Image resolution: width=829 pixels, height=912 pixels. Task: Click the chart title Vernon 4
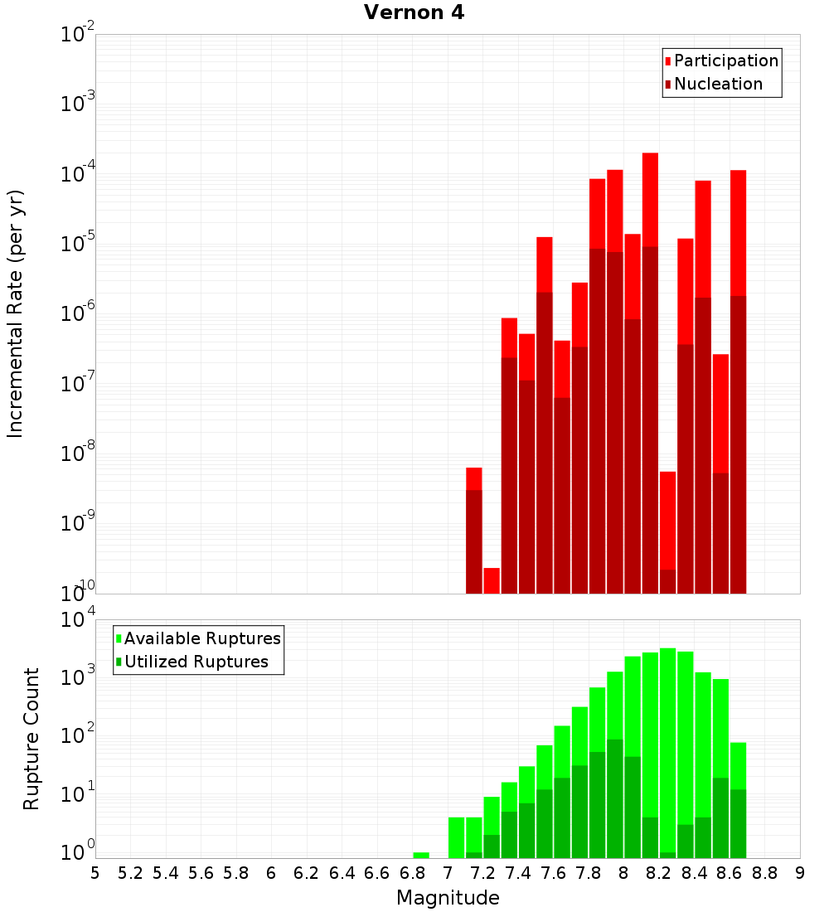coord(414,13)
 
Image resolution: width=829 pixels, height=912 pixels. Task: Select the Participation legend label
coord(726,61)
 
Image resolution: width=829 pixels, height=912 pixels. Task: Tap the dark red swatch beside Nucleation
coord(668,85)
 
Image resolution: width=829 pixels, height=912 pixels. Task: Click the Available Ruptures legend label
coord(202,638)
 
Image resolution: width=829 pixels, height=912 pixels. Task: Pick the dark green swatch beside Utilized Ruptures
coord(119,662)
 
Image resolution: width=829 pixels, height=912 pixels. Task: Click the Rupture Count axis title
coord(32,738)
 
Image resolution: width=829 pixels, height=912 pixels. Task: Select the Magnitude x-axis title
coord(448,898)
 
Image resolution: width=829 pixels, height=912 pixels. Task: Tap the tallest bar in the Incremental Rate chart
coord(650,373)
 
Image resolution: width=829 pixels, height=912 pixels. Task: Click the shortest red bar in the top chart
coord(492,580)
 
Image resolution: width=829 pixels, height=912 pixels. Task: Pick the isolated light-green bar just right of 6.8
coord(421,855)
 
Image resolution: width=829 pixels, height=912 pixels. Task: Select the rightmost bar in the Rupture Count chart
coord(738,800)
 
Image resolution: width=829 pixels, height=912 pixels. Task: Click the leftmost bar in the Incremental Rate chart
coord(474,531)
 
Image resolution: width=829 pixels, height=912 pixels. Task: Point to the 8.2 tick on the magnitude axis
coord(659,873)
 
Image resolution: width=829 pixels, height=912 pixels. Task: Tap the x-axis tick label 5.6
coord(201,873)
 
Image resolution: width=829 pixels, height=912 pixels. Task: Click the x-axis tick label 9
coord(800,873)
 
